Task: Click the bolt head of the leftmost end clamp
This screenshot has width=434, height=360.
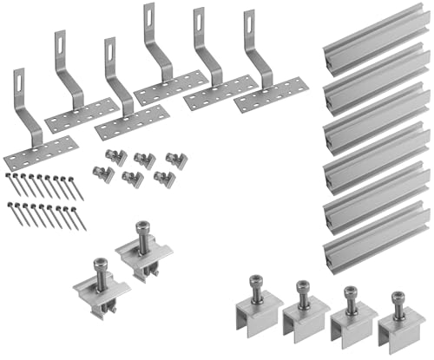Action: pos(257,284)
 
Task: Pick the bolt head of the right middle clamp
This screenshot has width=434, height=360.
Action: pos(141,230)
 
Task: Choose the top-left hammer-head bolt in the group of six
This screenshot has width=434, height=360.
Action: pos(111,157)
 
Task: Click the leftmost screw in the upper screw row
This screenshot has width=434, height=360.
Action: pos(10,183)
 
